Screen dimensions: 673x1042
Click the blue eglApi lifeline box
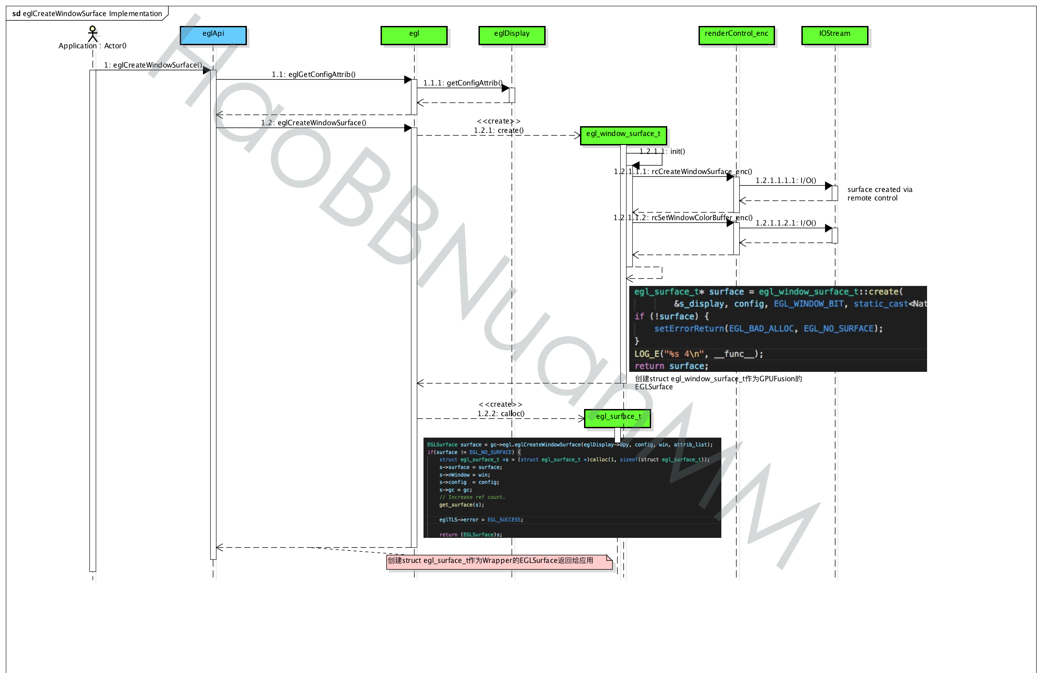tap(213, 35)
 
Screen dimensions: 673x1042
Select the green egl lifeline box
tap(414, 35)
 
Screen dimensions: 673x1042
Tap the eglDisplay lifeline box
tap(512, 35)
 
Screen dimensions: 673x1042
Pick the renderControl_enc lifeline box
tap(736, 35)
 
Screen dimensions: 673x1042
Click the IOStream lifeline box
tap(834, 35)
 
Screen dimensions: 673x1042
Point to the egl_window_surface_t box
tap(623, 135)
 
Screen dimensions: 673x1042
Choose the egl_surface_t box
tap(617, 418)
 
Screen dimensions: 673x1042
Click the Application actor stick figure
tap(93, 34)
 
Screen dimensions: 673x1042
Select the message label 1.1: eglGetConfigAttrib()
tap(313, 74)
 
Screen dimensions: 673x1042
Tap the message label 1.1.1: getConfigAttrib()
tap(462, 83)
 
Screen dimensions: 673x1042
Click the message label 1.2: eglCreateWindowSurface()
tap(313, 123)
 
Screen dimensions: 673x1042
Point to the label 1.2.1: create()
tap(499, 130)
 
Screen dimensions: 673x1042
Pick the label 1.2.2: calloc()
tap(501, 413)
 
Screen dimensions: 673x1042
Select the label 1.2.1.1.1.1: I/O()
tap(786, 180)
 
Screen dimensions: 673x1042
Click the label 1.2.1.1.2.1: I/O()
tap(786, 223)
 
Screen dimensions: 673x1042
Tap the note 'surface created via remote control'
tap(879, 194)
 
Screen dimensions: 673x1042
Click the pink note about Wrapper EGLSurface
tap(499, 562)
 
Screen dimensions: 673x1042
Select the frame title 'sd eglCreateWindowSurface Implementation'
tap(87, 13)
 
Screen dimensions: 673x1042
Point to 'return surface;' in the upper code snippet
tap(671, 366)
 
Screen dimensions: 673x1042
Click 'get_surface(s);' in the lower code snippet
tap(461, 505)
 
